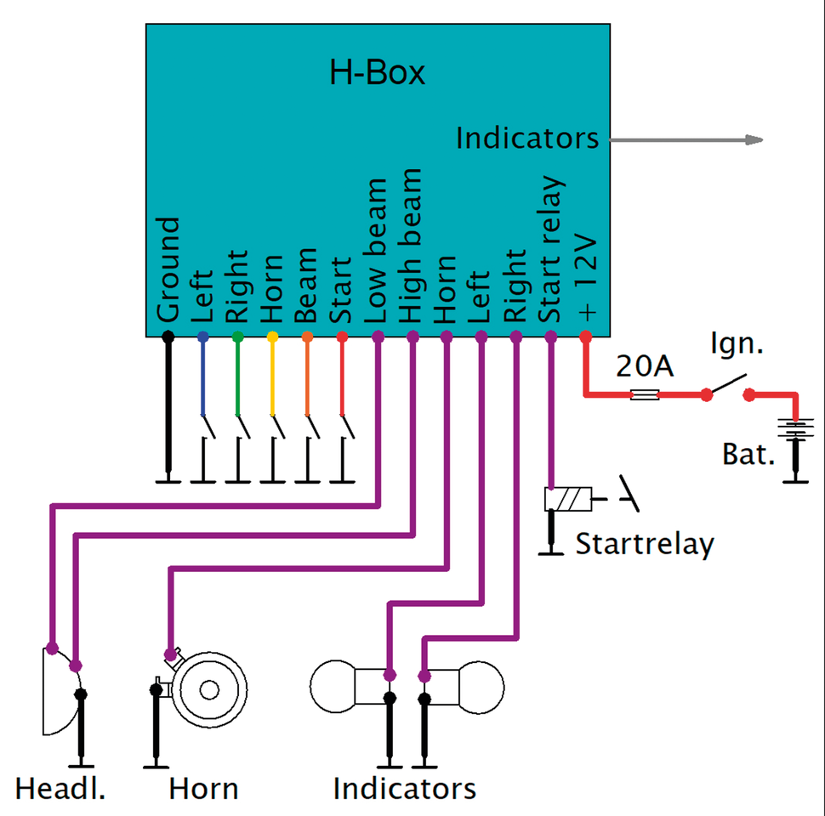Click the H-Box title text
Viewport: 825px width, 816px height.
(x=377, y=73)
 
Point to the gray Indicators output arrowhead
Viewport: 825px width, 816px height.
(x=754, y=140)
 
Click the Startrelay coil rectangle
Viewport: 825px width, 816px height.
(x=567, y=499)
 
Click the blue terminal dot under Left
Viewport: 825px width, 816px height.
(x=202, y=337)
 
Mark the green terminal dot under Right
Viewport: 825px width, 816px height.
(x=237, y=337)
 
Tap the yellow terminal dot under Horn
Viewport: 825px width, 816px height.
(x=272, y=337)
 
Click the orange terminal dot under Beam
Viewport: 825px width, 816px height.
(x=307, y=337)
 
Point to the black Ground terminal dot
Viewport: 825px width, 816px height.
(x=168, y=337)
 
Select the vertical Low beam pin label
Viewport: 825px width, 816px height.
(x=377, y=252)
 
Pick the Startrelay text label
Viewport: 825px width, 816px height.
(x=644, y=543)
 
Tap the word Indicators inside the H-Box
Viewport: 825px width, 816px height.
(x=527, y=139)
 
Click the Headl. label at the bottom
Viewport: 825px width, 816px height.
(x=60, y=788)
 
